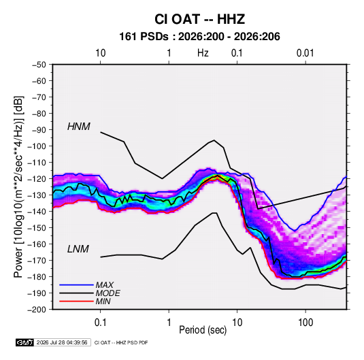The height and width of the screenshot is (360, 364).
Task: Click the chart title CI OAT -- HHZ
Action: click(199, 19)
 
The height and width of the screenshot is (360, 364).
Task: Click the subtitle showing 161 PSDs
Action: click(199, 37)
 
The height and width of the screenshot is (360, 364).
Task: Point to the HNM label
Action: click(79, 127)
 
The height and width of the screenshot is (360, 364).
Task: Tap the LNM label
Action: click(78, 249)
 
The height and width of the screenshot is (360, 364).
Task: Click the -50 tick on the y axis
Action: click(39, 65)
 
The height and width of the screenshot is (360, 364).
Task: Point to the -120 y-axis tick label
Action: click(37, 179)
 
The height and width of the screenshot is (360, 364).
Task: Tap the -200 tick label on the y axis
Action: click(37, 310)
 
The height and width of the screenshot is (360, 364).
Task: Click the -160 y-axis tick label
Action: click(37, 244)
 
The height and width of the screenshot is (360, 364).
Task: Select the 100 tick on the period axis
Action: click(305, 323)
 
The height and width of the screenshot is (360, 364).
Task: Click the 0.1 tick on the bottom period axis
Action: click(100, 323)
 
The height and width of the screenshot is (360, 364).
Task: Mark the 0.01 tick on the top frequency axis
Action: click(305, 53)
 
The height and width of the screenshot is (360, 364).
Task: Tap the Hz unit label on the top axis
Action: click(203, 53)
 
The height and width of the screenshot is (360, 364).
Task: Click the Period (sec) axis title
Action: click(203, 330)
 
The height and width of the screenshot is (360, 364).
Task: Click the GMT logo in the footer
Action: click(25, 342)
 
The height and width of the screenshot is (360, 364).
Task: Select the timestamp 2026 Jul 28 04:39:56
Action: click(62, 342)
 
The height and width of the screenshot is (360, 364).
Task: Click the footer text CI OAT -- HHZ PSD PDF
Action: click(121, 342)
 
